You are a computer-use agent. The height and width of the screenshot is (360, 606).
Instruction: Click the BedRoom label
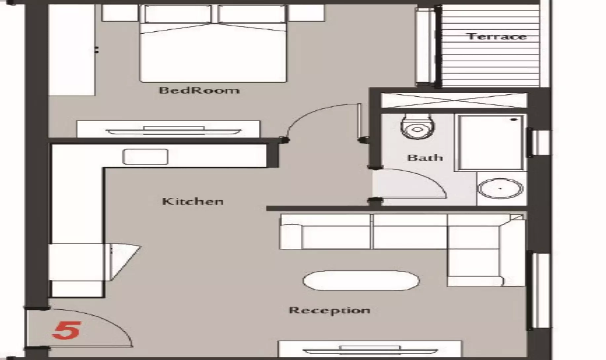coord(199,90)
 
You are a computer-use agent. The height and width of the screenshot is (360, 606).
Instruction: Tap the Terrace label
coord(496,36)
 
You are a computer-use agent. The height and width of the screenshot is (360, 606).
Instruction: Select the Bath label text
coord(425,158)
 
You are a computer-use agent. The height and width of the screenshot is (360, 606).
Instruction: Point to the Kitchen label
coord(193,201)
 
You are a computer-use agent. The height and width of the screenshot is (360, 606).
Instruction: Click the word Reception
coord(329,310)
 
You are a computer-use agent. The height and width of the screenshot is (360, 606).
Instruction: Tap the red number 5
coord(66,330)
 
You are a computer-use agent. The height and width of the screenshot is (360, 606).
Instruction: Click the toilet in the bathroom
coord(417,127)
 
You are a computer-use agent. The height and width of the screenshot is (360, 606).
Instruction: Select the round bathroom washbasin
coord(500,189)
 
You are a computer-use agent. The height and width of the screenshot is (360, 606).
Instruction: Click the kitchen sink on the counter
coord(145,157)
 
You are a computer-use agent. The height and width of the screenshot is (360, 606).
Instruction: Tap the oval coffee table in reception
coord(361,281)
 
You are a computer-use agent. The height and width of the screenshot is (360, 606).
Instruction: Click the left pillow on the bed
coord(178,14)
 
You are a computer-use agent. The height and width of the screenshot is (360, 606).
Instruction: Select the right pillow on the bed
coord(251,14)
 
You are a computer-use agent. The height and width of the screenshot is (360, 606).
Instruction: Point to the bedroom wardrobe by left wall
coord(72,50)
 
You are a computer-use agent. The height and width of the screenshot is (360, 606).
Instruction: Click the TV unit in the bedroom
coord(169,129)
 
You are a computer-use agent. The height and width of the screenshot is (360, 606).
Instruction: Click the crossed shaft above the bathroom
coord(454,100)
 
